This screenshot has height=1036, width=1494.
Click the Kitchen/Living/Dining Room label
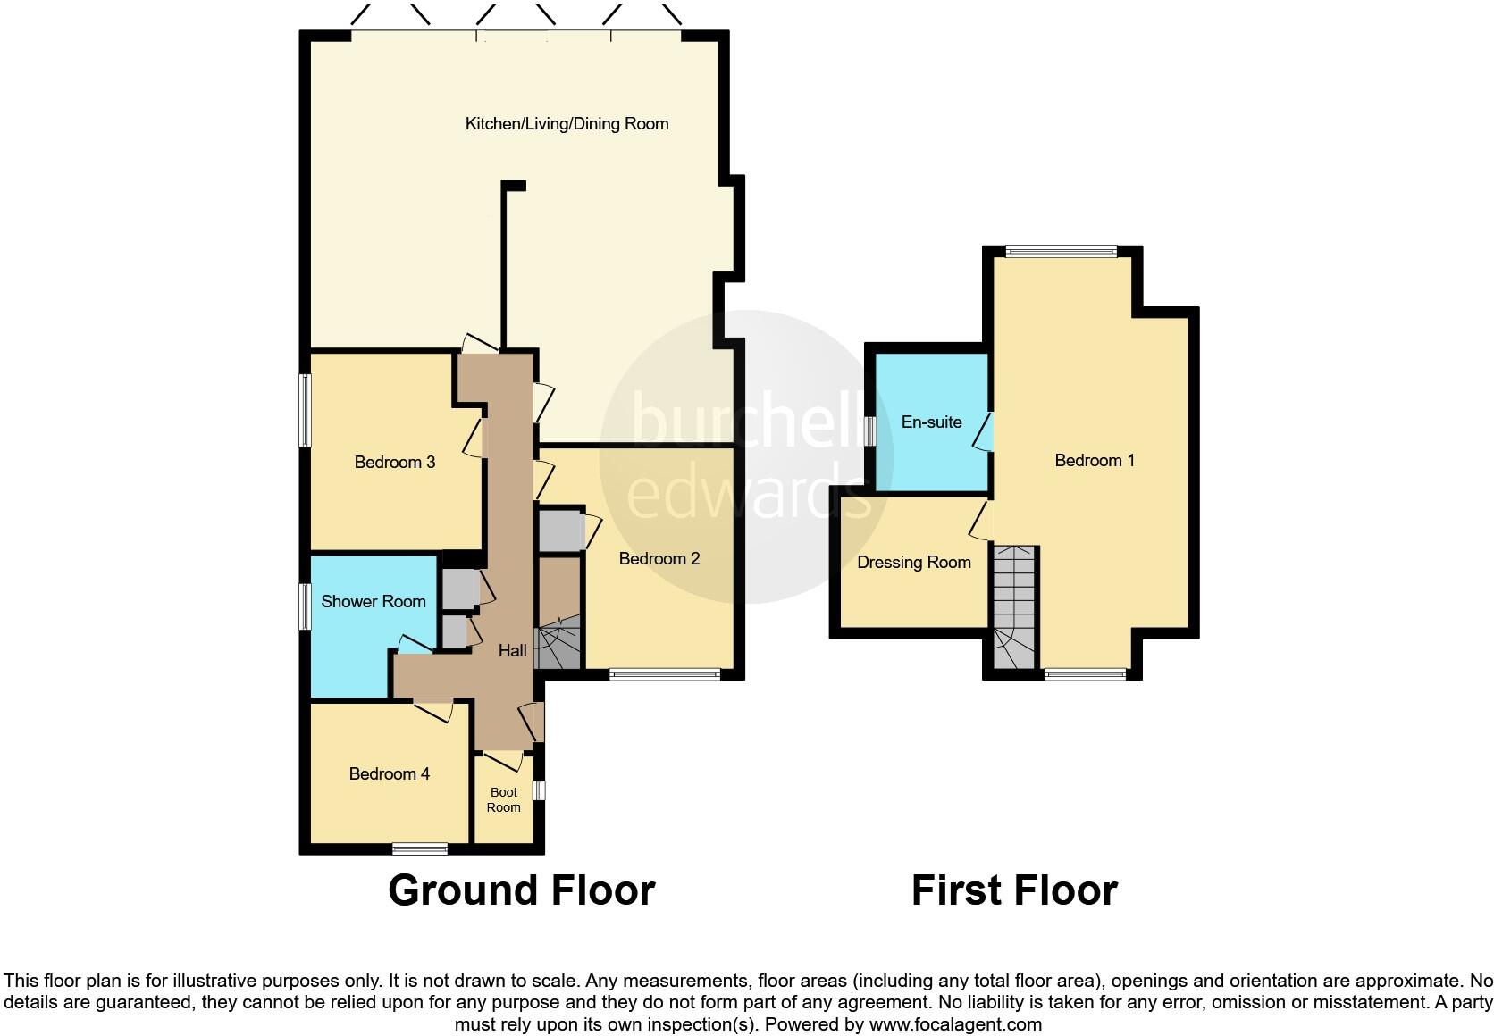[567, 124]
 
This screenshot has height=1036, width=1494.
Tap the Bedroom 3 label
[394, 462]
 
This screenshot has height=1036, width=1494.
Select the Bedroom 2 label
[659, 558]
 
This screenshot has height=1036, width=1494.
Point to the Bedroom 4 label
[389, 773]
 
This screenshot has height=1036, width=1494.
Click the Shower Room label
[373, 601]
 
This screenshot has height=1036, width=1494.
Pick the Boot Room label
[503, 799]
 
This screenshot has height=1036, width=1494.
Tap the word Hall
[512, 651]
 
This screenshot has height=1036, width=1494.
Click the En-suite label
[931, 422]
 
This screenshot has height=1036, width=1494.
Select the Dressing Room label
[913, 562]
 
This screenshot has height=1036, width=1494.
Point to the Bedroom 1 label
[1094, 460]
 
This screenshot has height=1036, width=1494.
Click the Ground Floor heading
[521, 890]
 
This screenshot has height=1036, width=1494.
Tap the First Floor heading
[1013, 890]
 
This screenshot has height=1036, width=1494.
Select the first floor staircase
[1013, 607]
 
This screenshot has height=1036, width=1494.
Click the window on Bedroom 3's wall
[305, 410]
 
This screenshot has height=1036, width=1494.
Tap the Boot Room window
[539, 790]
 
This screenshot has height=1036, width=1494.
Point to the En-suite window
[869, 431]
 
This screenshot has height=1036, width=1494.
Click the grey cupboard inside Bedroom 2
[560, 531]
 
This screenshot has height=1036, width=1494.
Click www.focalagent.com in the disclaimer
[954, 1024]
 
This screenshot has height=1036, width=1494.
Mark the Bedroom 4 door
[434, 710]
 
